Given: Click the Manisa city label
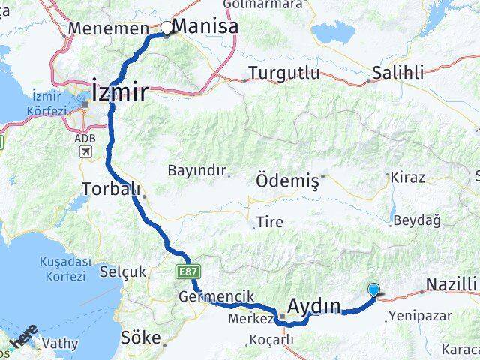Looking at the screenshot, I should tap(205, 26).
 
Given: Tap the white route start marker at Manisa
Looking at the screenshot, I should tap(166, 28).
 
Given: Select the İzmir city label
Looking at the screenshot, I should tap(120, 91).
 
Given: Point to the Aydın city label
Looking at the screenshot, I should tap(314, 305).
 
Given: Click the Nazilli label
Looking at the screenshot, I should tap(451, 284).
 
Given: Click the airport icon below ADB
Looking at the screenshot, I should tap(85, 152).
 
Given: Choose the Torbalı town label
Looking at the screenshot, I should tap(110, 187).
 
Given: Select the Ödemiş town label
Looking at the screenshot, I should tap(288, 180).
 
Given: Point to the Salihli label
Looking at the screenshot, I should tap(398, 73).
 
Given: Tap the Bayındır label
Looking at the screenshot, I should tap(197, 170).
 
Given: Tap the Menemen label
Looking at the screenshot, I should tap(108, 28).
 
